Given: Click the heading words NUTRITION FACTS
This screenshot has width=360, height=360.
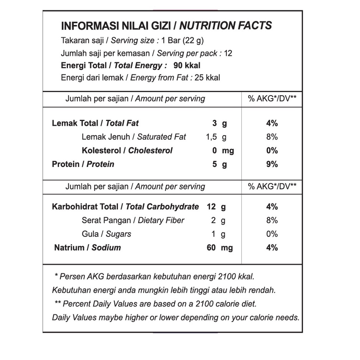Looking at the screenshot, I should pyautogui.click(x=226, y=26).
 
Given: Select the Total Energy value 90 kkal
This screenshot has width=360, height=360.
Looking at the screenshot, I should pyautogui.click(x=187, y=65).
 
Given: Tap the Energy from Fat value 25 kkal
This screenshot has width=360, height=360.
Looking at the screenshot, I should pyautogui.click(x=207, y=78).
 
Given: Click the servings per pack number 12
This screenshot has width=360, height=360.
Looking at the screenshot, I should pyautogui.click(x=228, y=53).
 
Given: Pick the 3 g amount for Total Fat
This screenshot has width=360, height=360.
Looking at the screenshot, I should pyautogui.click(x=220, y=123).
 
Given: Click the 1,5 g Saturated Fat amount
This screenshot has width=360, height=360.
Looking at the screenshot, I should pyautogui.click(x=216, y=137).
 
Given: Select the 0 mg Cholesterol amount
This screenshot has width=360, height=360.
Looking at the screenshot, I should pyautogui.click(x=223, y=150).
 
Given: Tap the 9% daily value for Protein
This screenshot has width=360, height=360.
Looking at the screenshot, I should pyautogui.click(x=272, y=164).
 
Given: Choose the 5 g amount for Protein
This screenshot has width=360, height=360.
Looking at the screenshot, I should pyautogui.click(x=220, y=164).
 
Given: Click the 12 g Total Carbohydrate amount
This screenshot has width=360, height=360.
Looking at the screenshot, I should pyautogui.click(x=216, y=207).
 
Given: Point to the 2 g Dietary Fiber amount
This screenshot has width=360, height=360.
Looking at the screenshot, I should pyautogui.click(x=218, y=220).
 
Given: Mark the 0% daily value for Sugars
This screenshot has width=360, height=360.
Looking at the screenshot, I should pyautogui.click(x=272, y=234).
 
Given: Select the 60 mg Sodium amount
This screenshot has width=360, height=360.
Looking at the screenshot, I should pyautogui.click(x=220, y=248).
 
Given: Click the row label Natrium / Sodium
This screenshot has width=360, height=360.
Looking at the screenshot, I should pyautogui.click(x=88, y=248).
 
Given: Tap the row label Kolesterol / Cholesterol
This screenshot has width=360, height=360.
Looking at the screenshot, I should pyautogui.click(x=127, y=150).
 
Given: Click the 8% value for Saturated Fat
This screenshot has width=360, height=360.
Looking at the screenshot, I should pyautogui.click(x=272, y=137).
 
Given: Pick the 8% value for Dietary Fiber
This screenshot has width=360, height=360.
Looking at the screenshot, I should pyautogui.click(x=272, y=220).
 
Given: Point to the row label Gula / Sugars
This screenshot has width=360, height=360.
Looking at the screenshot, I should pyautogui.click(x=106, y=234).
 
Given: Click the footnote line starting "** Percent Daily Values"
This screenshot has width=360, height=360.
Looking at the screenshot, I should pyautogui.click(x=155, y=304).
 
